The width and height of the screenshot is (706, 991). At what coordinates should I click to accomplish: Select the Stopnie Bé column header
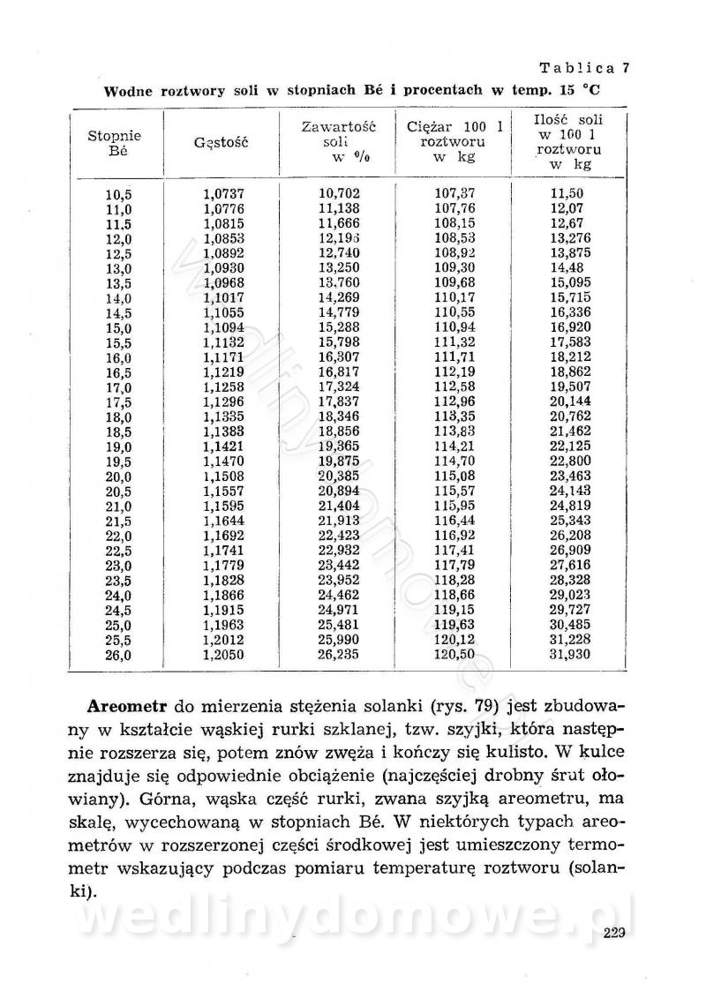pyautogui.click(x=114, y=143)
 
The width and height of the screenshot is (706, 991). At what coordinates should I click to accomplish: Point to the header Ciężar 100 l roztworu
pyautogui.click(x=454, y=142)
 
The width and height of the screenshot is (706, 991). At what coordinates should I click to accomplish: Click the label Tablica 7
pyautogui.click(x=584, y=67)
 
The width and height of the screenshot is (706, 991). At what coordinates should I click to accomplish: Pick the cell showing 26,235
pyautogui.click(x=338, y=654)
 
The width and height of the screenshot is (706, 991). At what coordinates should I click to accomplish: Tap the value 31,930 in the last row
pyautogui.click(x=569, y=654)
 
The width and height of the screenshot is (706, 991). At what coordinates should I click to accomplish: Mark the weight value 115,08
pyautogui.click(x=455, y=477)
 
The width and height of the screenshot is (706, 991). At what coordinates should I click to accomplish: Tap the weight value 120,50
pyautogui.click(x=455, y=654)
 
